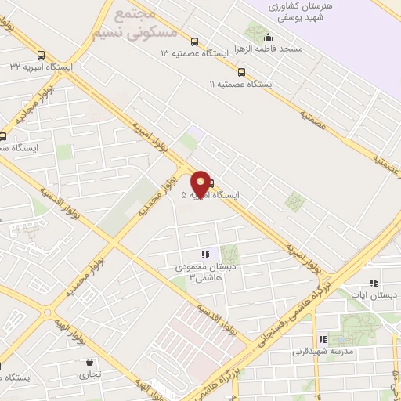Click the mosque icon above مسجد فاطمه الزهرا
coord(269,37)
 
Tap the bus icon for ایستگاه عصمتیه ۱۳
coord(194,42)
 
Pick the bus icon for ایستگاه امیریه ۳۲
coord(41,56)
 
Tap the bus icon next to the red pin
coord(211,183)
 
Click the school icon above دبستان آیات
coord(374,283)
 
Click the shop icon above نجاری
coord(91,363)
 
